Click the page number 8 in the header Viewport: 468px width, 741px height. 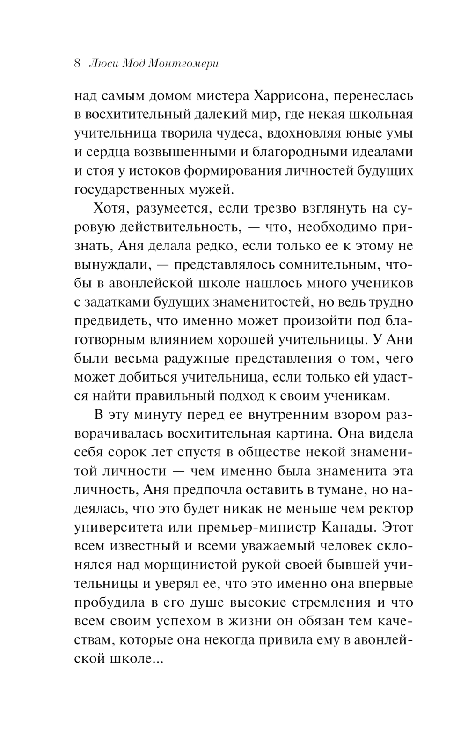78,64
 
